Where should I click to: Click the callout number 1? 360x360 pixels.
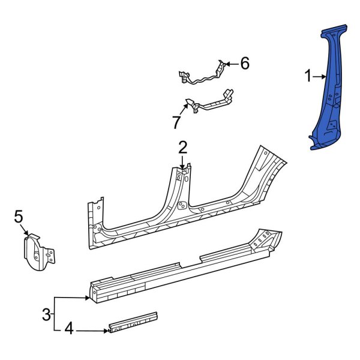[x=308, y=76]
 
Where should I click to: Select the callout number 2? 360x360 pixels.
[x=183, y=147]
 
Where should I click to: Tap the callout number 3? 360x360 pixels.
[x=46, y=313]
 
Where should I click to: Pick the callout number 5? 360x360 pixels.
[x=18, y=215]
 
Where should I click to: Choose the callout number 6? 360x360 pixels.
[x=244, y=63]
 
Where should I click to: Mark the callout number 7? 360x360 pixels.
[x=176, y=122]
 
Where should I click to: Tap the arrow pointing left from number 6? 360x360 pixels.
[x=230, y=63]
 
